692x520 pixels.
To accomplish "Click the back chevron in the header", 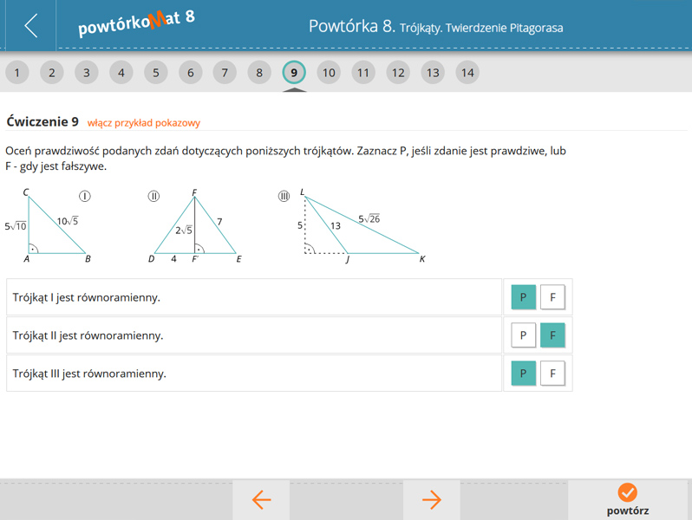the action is [31, 26].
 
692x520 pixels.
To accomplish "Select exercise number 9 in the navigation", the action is [294, 72].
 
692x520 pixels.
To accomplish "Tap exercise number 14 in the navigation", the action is [467, 72].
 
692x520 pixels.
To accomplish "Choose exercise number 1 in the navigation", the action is [17, 72].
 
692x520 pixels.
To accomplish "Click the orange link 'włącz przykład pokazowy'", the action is [144, 123].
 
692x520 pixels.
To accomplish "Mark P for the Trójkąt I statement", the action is [524, 297].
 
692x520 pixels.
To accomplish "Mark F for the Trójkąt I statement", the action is [552, 297].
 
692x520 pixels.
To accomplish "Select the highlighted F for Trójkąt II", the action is [552, 335].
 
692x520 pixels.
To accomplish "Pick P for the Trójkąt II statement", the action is [524, 335].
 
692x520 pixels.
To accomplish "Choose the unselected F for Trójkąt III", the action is [552, 374].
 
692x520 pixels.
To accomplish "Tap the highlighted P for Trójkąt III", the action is [524, 374].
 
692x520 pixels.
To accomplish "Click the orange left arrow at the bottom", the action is [261, 500].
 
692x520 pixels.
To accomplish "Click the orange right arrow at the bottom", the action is [432, 500].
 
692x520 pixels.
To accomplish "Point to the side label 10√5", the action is [68, 220].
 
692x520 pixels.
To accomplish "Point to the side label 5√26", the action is [369, 218].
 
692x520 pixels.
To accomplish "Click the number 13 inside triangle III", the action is [336, 226].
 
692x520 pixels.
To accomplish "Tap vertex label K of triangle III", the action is [422, 259].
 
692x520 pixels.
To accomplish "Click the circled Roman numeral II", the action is [153, 196].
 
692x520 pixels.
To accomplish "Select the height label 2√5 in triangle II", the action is [184, 230].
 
